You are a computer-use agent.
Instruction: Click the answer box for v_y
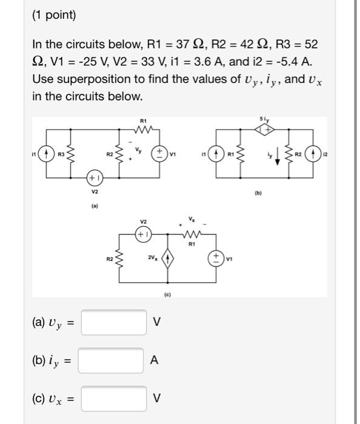click(x=114, y=322)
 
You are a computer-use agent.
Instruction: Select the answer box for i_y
click(x=111, y=360)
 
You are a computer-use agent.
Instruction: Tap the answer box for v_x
click(x=114, y=399)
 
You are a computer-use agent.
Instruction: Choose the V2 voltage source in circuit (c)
click(x=144, y=233)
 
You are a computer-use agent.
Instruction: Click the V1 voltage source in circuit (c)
click(x=216, y=258)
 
